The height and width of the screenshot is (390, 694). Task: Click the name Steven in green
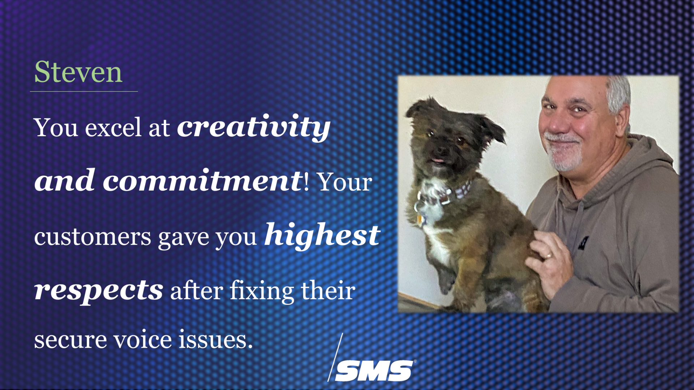coord(78,72)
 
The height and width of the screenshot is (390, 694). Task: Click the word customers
coord(93,237)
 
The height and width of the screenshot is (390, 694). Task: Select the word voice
coord(142,339)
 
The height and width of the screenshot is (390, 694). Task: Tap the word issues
coord(215,339)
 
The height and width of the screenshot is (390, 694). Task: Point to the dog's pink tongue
coord(438,160)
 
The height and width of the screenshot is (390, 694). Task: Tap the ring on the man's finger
coord(548,256)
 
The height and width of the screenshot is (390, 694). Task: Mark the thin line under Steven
coord(84,91)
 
